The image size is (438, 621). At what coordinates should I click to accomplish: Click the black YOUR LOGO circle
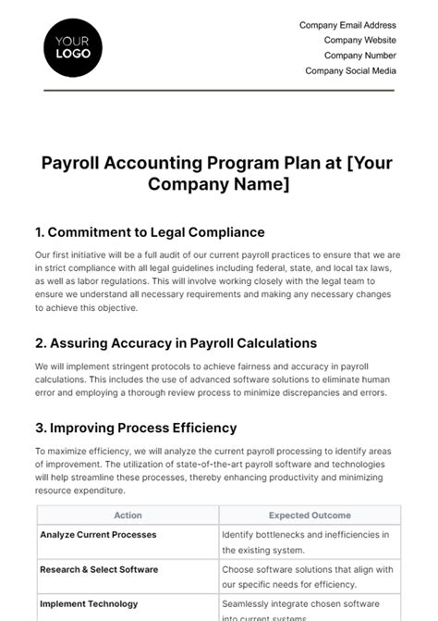click(x=72, y=47)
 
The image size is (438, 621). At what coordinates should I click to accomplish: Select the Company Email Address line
click(x=347, y=26)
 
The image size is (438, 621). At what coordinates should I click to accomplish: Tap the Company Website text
click(x=359, y=41)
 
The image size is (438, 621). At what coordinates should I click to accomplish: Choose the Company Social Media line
click(x=350, y=70)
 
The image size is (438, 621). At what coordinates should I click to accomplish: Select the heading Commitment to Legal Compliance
click(x=155, y=232)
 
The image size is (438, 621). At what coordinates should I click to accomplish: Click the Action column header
click(x=128, y=515)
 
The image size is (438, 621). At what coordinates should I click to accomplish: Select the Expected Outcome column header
click(x=310, y=515)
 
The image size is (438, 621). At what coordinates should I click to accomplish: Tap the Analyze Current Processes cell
click(x=98, y=535)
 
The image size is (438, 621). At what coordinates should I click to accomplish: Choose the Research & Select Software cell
click(x=99, y=569)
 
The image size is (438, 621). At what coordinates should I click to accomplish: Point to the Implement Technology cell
click(x=89, y=603)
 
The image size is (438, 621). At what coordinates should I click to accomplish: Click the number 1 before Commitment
click(x=39, y=232)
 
